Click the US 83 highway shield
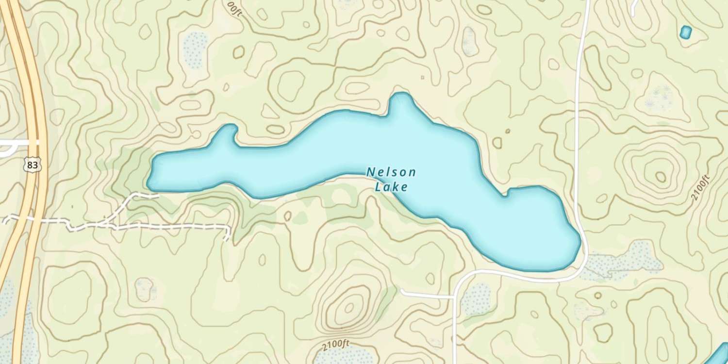click(x=32, y=165)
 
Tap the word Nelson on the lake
click(x=391, y=172)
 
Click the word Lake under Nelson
click(x=391, y=187)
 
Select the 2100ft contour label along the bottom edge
click(x=335, y=345)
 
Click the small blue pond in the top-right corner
click(x=685, y=33)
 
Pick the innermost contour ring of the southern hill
click(x=349, y=307)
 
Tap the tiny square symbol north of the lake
click(x=422, y=77)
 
